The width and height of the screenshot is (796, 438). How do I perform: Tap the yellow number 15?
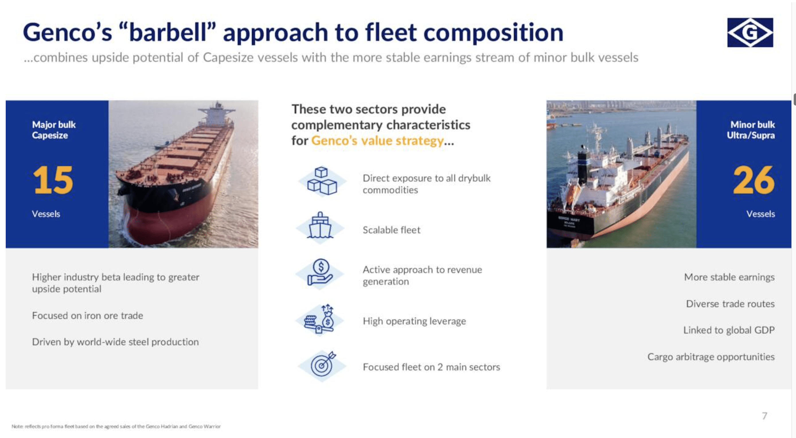[53, 180]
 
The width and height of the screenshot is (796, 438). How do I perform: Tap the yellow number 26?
[754, 180]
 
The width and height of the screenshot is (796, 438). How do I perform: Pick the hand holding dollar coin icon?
[320, 272]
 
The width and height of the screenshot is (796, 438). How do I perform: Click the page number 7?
[764, 416]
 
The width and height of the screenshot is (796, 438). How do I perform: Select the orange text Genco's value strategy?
[377, 141]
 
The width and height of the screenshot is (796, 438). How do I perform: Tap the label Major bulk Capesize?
[54, 130]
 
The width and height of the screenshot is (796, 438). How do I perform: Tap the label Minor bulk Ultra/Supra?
[751, 130]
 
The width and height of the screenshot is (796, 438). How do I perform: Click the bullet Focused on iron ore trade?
[87, 315]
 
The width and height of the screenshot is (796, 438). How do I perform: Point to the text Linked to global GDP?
[729, 330]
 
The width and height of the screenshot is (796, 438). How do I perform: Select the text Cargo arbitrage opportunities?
[711, 357]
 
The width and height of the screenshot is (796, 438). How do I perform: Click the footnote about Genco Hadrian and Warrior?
[116, 426]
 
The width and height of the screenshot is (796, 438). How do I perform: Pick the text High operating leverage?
[414, 321]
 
